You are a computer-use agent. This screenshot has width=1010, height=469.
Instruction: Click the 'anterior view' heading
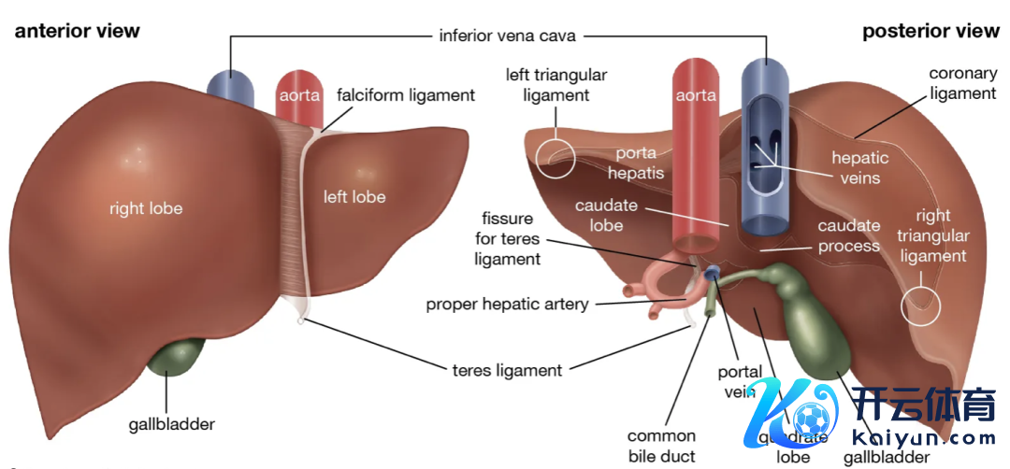pyautogui.click(x=77, y=31)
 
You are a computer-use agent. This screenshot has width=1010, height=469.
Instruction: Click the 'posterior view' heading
pyautogui.click(x=931, y=31)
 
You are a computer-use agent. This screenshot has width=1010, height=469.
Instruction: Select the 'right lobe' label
pyautogui.click(x=146, y=208)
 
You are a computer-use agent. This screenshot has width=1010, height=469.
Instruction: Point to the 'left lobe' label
pyautogui.click(x=354, y=196)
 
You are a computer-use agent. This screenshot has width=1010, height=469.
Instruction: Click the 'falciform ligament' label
pyautogui.click(x=406, y=95)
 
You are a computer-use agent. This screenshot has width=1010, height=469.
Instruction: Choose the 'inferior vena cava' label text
pyautogui.click(x=508, y=36)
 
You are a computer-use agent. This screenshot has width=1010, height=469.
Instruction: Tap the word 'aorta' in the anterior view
pyautogui.click(x=299, y=95)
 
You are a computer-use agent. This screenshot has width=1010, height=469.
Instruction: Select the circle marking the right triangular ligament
pyautogui.click(x=922, y=305)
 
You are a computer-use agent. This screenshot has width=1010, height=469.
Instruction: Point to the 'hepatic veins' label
pyautogui.click(x=856, y=168)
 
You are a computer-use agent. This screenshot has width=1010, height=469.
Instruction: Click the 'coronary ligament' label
pyautogui.click(x=962, y=83)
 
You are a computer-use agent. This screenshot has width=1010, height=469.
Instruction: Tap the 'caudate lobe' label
pyautogui.click(x=599, y=214)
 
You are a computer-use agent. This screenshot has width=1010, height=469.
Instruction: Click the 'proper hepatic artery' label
pyautogui.click(x=507, y=304)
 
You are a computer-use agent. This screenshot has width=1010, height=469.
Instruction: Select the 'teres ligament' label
pyautogui.click(x=507, y=370)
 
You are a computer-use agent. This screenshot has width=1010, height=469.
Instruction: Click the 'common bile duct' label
pyautogui.click(x=661, y=446)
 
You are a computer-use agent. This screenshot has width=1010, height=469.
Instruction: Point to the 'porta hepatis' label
pyautogui.click(x=635, y=163)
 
